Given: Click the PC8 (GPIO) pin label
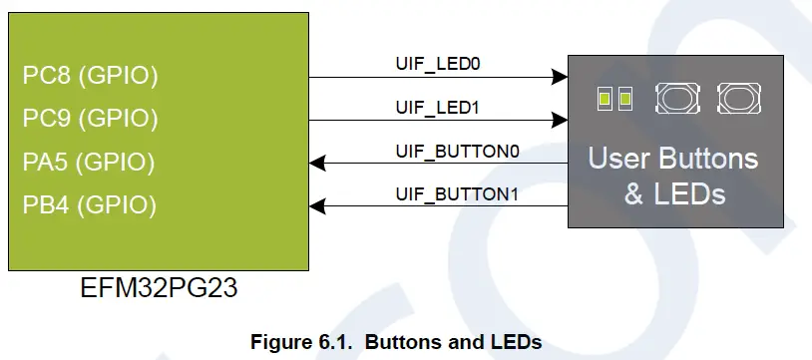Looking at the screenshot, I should (x=90, y=76).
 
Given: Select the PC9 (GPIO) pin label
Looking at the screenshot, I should (x=90, y=119).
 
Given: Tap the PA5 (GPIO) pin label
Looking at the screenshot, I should (x=90, y=162).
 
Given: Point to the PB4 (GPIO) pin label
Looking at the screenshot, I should (x=90, y=205).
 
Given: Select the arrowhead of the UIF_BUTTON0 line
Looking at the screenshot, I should (x=316, y=163).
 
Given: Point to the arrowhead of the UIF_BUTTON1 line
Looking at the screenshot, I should (x=316, y=205).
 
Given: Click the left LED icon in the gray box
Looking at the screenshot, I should (x=604, y=99).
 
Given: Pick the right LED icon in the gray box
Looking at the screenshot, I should (x=625, y=99).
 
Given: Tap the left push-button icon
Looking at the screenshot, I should (x=675, y=98).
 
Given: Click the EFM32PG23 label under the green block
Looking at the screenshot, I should (x=160, y=290).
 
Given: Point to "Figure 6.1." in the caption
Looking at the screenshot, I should (x=305, y=343).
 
